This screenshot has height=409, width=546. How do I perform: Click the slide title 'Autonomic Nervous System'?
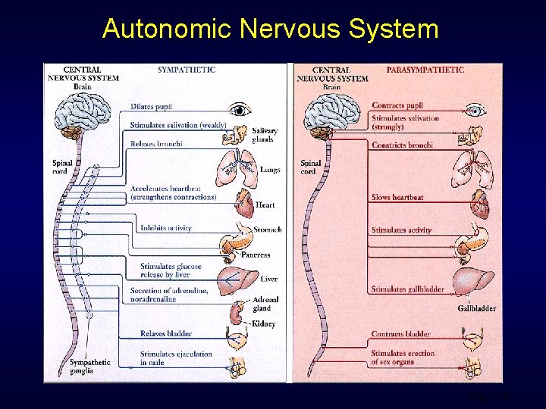point(271,29)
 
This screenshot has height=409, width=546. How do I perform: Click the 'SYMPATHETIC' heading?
point(187,70)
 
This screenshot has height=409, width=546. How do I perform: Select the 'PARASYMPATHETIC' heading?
point(425,70)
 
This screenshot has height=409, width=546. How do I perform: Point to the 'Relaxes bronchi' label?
point(156,144)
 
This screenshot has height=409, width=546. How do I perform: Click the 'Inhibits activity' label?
point(165,228)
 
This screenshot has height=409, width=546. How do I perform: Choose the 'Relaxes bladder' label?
point(165,334)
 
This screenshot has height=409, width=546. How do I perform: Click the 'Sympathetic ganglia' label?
point(90,367)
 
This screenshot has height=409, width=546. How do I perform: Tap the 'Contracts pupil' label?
point(397,105)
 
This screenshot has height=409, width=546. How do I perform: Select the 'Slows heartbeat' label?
point(397,198)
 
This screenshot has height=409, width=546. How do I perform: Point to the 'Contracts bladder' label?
point(400,334)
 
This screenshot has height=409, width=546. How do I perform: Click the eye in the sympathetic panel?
point(241,110)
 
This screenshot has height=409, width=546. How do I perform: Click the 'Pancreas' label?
point(256,255)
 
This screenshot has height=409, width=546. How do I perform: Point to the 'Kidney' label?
point(264,324)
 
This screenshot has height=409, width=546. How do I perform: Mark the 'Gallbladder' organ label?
point(477,308)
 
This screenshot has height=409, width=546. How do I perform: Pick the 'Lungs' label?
point(269,170)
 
